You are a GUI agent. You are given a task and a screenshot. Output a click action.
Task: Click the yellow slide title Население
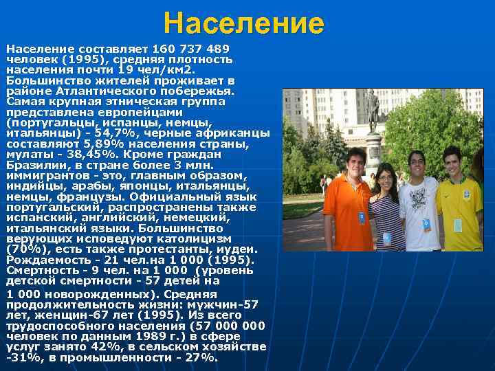point(243,24)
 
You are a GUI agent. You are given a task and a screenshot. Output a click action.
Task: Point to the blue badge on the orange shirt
point(362,218)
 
